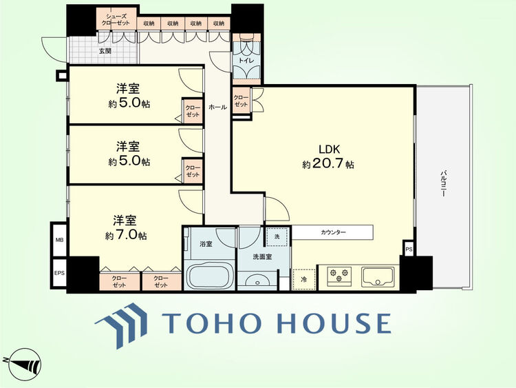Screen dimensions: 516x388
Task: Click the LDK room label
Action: pyautogui.click(x=329, y=150)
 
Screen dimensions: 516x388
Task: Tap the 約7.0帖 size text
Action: pyautogui.click(x=126, y=235)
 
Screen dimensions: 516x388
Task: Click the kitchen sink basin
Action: pyautogui.click(x=378, y=276)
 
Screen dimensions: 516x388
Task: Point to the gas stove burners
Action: pyautogui.click(x=339, y=276)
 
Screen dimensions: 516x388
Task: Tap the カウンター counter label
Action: pyautogui.click(x=334, y=232)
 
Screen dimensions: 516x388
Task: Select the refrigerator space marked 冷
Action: pyautogui.click(x=304, y=280)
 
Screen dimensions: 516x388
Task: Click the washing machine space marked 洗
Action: pyautogui.click(x=277, y=236)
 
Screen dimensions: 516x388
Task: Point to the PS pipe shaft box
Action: pyautogui.click(x=409, y=249)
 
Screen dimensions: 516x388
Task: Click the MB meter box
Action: pyautogui.click(x=59, y=240)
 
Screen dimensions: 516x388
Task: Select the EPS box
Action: pyautogui.click(x=59, y=273)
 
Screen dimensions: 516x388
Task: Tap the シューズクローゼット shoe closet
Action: pyautogui.click(x=116, y=19)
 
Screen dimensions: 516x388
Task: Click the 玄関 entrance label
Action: pyautogui.click(x=105, y=51)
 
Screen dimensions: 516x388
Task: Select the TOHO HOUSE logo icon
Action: pyautogui.click(x=121, y=325)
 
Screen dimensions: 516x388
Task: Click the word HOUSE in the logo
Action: pyautogui.click(x=335, y=323)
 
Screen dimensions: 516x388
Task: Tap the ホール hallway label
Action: pyautogui.click(x=217, y=107)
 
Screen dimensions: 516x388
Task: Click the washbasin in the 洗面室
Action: pyautogui.click(x=258, y=281)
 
